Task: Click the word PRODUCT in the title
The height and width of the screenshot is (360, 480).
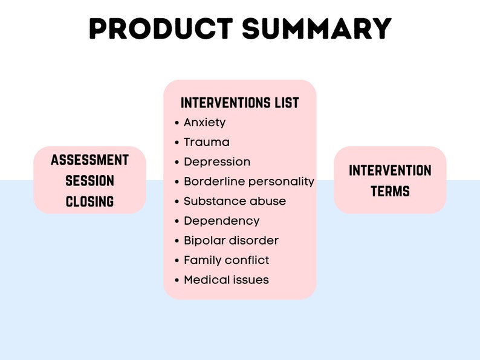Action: [160, 28]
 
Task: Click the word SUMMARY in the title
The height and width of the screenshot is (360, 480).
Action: [316, 28]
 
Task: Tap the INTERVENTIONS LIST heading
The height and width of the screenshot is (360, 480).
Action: [240, 103]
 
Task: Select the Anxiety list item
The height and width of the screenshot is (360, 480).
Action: [204, 123]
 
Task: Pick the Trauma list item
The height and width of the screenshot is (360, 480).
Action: [206, 143]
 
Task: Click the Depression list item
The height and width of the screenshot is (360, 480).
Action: [216, 162]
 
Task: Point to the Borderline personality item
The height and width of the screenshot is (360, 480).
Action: [248, 181]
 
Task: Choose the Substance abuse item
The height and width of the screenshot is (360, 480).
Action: [235, 201]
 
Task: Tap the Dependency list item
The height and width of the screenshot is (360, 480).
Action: [221, 221]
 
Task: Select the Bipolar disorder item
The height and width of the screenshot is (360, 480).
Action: [231, 240]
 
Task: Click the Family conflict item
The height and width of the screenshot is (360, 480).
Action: [226, 260]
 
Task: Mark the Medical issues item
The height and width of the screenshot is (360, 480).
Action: [226, 280]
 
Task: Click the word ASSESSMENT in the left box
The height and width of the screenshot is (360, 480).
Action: [90, 160]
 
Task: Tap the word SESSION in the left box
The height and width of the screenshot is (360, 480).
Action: [90, 181]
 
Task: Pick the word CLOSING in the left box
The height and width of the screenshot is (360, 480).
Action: [90, 202]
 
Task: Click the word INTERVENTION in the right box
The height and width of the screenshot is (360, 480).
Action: [390, 170]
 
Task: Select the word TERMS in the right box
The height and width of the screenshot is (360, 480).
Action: [390, 191]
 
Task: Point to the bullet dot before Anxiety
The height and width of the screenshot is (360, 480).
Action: [177, 123]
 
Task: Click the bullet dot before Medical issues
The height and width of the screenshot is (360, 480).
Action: [177, 280]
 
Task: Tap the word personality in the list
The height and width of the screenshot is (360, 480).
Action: [281, 182]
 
